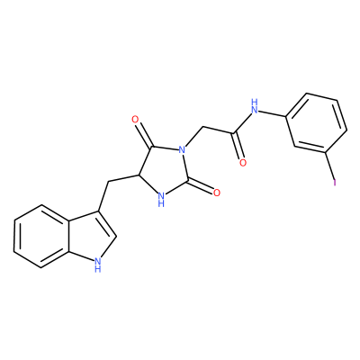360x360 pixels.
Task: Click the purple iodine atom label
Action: [x=335, y=182]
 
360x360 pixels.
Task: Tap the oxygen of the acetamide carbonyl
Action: [x=242, y=162]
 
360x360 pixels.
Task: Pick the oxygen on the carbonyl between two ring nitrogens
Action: [x=216, y=192]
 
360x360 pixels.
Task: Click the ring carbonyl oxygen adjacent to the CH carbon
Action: [x=135, y=120]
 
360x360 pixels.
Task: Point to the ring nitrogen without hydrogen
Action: [x=181, y=149]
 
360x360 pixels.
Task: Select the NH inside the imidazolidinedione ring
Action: [x=161, y=200]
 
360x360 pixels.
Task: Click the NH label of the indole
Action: [x=97, y=265]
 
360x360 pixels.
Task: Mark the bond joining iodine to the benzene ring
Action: [x=330, y=165]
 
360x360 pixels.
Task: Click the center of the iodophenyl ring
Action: [x=317, y=123]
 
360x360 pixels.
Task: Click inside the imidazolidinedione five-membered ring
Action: [x=162, y=170]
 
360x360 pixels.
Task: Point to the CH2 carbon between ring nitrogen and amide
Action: [x=202, y=127]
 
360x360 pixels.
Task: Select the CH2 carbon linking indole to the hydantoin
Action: [x=107, y=181]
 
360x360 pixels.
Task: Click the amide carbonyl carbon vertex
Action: [x=235, y=133]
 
